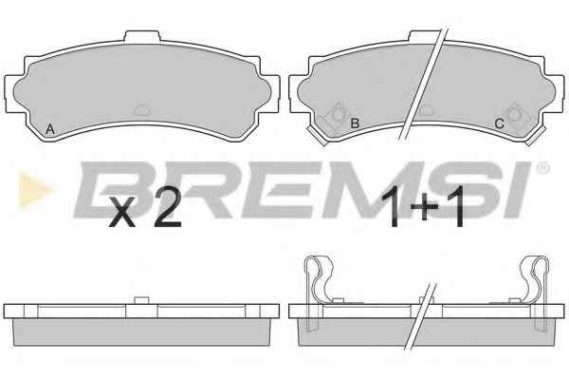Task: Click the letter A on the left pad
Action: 50,129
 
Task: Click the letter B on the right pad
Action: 355,123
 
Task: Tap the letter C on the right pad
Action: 500,124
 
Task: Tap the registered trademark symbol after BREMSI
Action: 542,168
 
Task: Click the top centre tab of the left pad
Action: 142,37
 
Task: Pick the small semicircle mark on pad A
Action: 141,110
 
